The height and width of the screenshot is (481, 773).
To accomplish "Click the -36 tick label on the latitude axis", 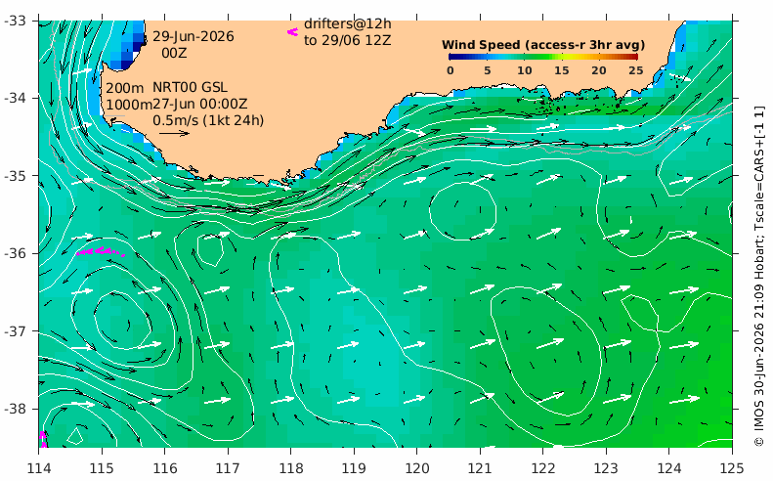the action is [x=16, y=253].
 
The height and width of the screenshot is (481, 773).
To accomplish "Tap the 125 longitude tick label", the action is [x=732, y=467].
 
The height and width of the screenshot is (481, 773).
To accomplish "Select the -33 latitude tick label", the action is [x=16, y=21].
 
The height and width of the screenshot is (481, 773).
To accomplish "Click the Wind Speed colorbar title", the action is [x=543, y=45].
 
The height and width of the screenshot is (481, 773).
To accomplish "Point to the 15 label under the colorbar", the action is [x=562, y=70].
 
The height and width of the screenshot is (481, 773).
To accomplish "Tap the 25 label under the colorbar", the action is [x=636, y=70].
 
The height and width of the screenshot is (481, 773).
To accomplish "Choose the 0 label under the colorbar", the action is [x=451, y=70].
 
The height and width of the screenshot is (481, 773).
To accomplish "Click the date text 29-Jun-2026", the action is [x=193, y=36].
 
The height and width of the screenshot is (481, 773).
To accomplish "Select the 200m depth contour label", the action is [x=125, y=88].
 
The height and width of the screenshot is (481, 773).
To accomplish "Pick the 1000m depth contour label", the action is [x=129, y=105].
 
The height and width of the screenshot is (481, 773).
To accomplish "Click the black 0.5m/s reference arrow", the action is [x=175, y=133].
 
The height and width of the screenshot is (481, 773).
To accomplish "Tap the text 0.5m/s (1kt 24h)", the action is [x=208, y=120].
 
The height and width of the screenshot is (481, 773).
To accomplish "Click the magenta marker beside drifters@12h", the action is [x=293, y=32].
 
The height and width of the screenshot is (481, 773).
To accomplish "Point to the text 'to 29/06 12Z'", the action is [x=348, y=40].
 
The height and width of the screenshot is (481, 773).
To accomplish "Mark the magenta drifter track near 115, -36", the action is [x=101, y=251].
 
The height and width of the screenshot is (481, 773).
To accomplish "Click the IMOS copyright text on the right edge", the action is [x=759, y=277].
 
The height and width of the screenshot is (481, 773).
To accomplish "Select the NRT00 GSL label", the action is [x=190, y=87].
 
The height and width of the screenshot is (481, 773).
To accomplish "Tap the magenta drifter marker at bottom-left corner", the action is [x=43, y=439].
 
